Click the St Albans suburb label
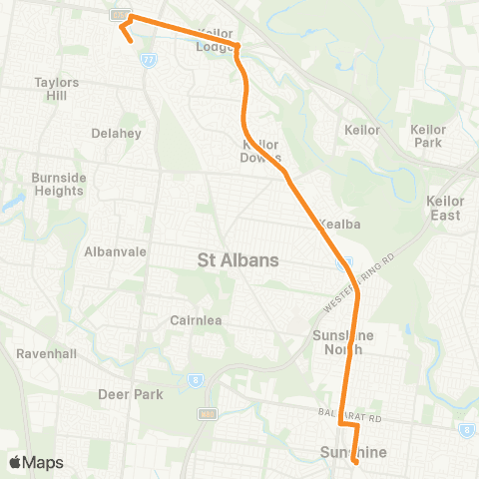point(238,260)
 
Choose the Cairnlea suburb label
point(195,320)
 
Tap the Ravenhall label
point(41,354)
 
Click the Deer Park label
point(130,394)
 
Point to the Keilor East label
point(445,208)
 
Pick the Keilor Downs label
point(261,150)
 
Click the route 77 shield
point(148,61)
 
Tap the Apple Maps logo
point(36,462)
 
